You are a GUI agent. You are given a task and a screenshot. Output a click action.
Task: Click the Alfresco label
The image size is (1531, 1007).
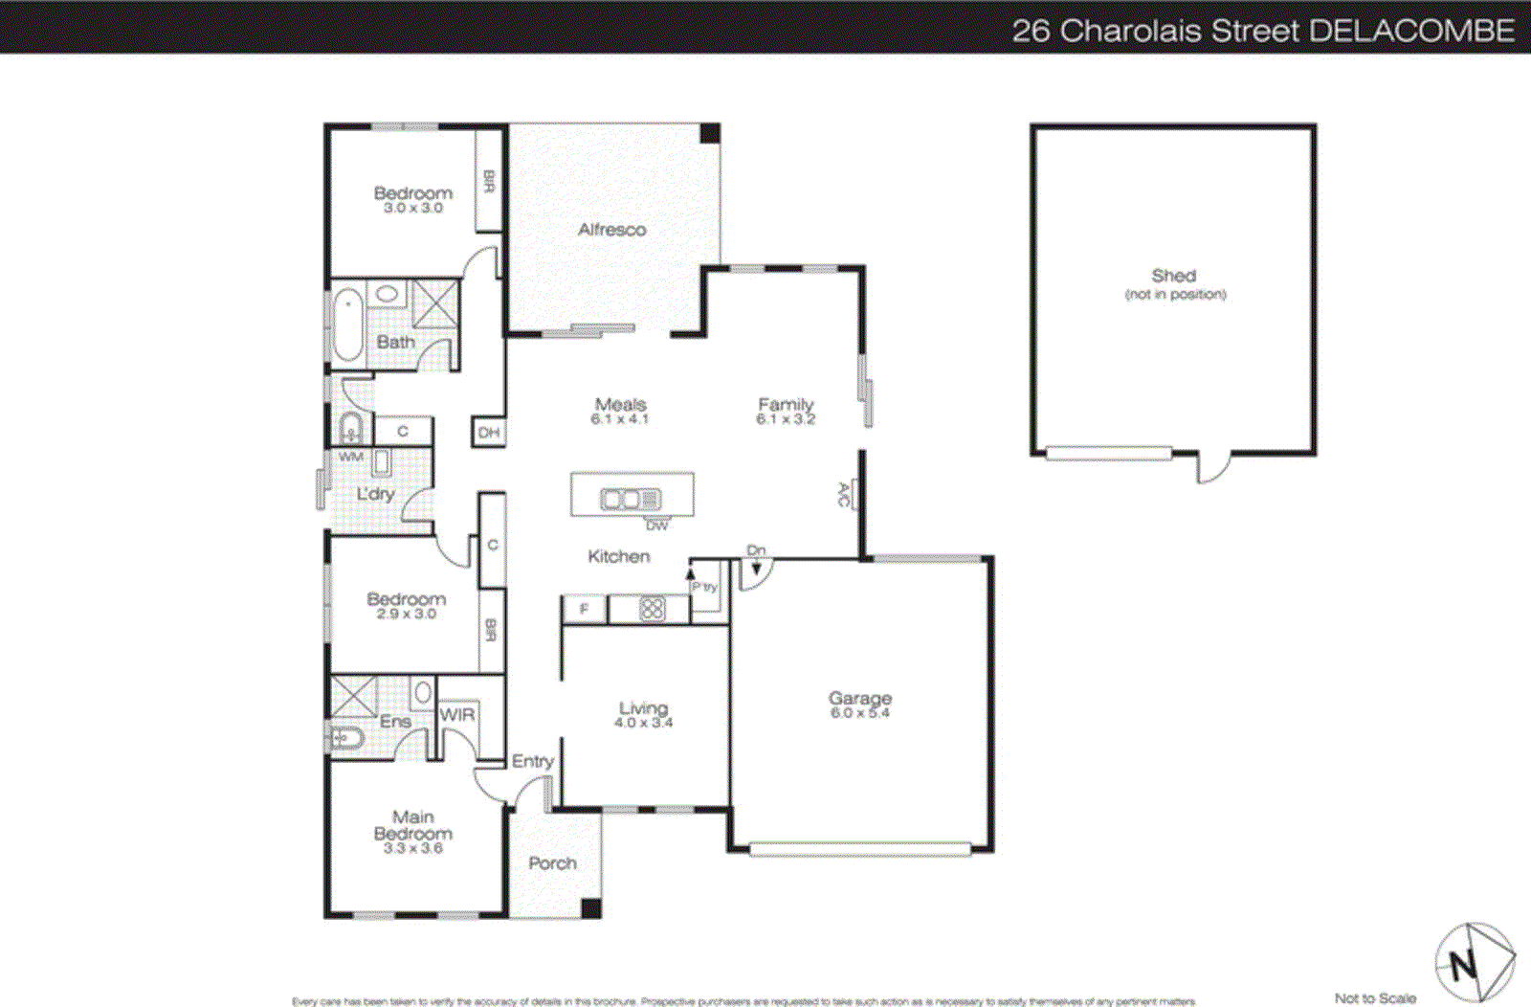tap(611, 230)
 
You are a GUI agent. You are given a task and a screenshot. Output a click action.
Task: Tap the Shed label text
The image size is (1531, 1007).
tap(1173, 276)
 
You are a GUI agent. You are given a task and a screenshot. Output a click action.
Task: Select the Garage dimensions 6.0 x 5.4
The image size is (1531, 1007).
tap(859, 713)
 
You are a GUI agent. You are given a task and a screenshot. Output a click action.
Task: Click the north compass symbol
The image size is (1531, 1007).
tap(1474, 962)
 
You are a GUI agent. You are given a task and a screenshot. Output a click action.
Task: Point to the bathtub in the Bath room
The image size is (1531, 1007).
tap(347, 326)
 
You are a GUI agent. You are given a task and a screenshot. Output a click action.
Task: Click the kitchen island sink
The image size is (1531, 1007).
tap(630, 499)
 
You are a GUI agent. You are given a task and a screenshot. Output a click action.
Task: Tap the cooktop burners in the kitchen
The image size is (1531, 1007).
tap(652, 609)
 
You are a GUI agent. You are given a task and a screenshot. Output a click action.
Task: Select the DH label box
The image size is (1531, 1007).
tap(489, 433)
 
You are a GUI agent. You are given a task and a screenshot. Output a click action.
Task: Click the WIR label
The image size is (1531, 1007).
tap(457, 715)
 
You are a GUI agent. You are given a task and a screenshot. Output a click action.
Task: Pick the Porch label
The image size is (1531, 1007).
tap(552, 863)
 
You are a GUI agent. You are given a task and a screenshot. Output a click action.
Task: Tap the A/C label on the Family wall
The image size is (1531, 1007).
tap(844, 494)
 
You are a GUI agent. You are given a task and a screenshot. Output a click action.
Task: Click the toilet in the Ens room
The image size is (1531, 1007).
tap(344, 738)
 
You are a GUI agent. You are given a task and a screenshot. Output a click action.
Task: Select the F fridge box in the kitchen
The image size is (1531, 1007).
tap(584, 609)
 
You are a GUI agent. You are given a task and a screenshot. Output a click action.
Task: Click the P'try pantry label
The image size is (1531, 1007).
tap(704, 587)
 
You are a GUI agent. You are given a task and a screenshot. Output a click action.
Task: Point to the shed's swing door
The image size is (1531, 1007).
tap(1213, 469)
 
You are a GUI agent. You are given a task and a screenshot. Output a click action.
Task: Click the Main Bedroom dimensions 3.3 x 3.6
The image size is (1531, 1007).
tap(412, 848)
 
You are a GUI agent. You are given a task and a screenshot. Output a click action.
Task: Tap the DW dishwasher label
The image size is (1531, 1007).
tap(656, 526)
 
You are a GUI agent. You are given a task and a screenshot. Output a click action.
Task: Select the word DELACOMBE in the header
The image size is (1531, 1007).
tap(1411, 31)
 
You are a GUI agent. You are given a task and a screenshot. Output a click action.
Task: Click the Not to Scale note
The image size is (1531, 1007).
tap(1375, 998)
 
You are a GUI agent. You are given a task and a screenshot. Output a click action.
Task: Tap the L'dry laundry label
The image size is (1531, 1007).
tap(375, 494)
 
